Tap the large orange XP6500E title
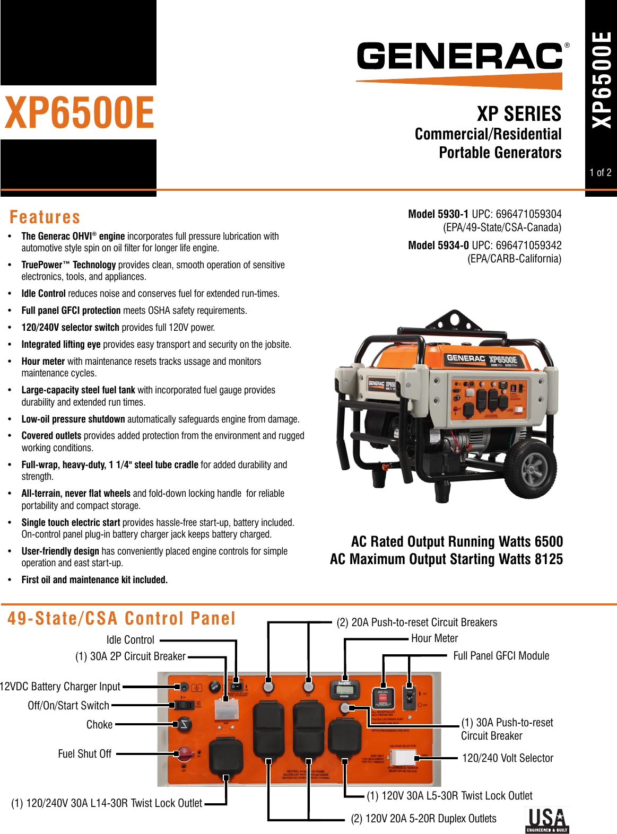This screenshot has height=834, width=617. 80,113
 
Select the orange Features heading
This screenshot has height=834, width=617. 45,217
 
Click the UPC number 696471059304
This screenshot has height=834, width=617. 528,214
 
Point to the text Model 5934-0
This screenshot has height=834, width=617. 438,245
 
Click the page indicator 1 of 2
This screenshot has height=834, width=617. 601,173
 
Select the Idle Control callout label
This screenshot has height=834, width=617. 130,640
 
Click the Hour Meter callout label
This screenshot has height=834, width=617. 434,638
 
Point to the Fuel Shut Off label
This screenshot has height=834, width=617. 85,754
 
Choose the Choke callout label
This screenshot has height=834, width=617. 99,725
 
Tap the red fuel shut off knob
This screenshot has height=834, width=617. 185,753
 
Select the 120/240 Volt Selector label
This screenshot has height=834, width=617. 507,758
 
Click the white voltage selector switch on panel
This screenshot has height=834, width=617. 403,758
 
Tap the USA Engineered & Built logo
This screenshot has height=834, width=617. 547,820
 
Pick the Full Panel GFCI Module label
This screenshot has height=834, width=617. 501,656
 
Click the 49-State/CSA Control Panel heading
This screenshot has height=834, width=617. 121,619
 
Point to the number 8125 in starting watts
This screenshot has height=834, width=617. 549,559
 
